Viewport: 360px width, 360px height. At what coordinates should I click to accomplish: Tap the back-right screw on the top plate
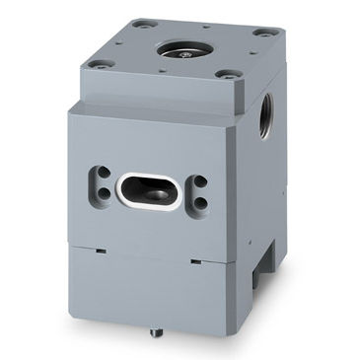pos(260,33)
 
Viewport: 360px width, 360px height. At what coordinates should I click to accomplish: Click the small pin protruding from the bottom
pos(153,332)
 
